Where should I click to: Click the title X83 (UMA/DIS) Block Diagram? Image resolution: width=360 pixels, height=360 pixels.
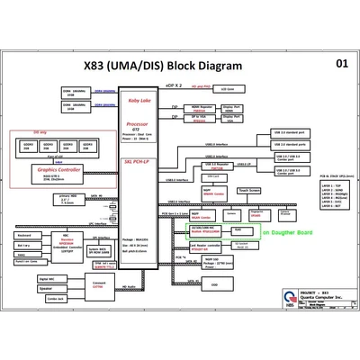[163, 66]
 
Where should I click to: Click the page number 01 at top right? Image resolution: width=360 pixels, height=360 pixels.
[341, 64]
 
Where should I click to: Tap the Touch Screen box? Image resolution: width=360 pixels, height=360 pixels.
[249, 190]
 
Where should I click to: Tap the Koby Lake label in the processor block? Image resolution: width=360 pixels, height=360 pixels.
[139, 100]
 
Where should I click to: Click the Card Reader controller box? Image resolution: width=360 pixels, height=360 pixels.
[205, 244]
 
